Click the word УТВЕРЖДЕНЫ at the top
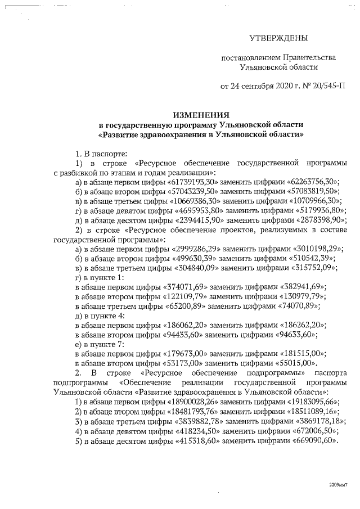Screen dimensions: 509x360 coord(279,38)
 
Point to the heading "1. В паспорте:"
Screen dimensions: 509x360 coord(102,152)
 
